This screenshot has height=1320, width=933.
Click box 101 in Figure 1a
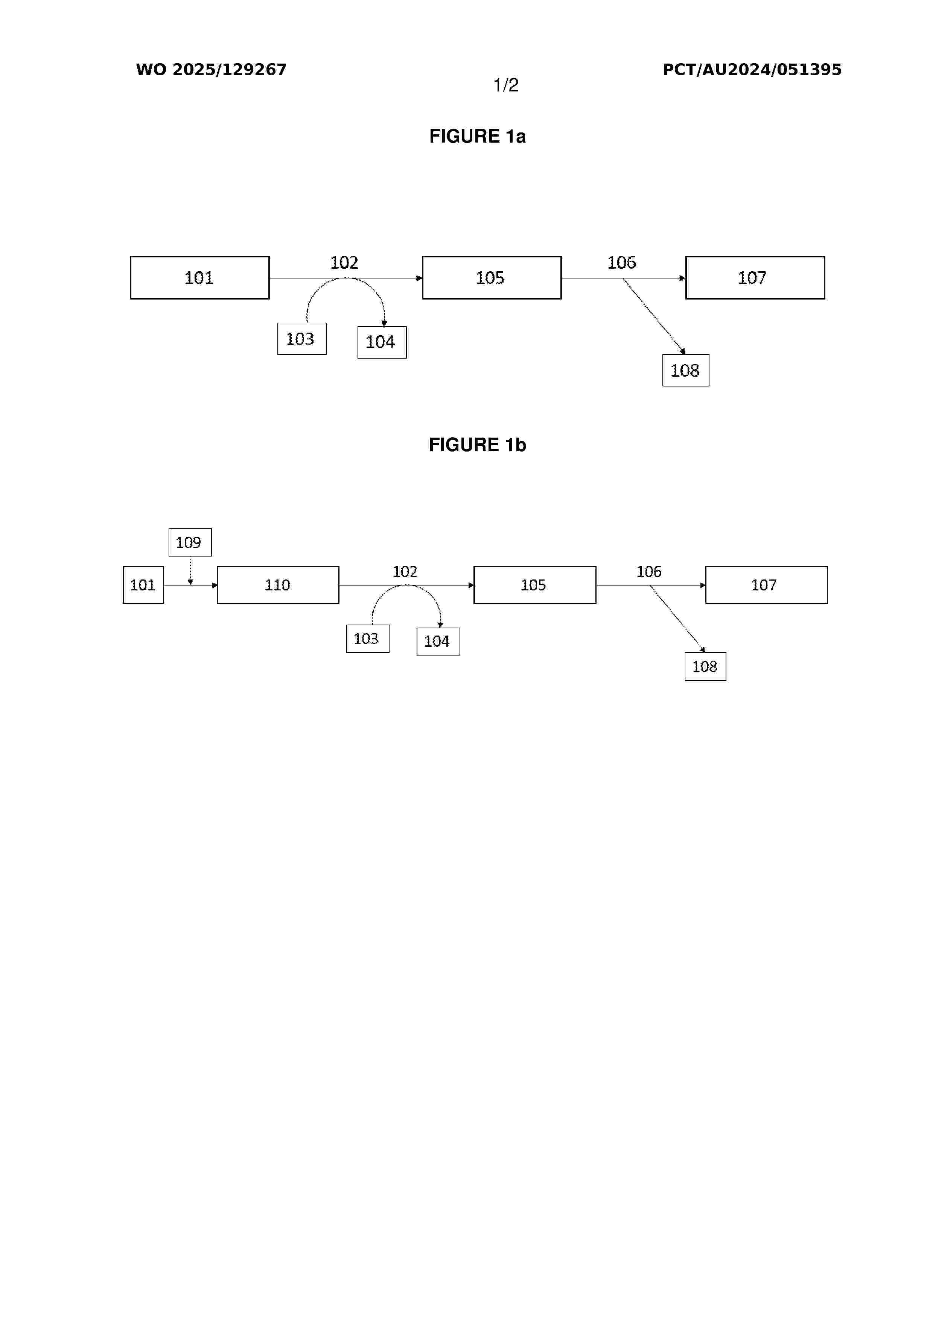click(x=199, y=278)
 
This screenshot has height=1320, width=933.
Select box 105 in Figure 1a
click(x=492, y=278)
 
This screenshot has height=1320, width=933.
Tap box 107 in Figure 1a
click(x=755, y=278)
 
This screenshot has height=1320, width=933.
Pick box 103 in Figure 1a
click(x=302, y=339)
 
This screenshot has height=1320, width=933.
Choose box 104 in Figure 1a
click(x=382, y=342)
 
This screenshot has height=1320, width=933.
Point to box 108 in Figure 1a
click(x=685, y=370)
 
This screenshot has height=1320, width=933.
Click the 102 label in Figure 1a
click(x=344, y=263)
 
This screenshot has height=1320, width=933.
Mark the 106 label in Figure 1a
click(x=621, y=263)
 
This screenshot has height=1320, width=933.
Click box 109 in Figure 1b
click(x=190, y=542)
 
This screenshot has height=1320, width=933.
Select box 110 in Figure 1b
click(x=278, y=585)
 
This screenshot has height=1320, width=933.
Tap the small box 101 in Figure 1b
click(x=143, y=585)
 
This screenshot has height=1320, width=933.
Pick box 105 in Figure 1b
click(x=534, y=585)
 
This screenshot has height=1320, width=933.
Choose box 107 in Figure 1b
click(x=766, y=585)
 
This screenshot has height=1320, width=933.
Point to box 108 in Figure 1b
click(x=705, y=666)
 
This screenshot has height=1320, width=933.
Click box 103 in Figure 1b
click(x=367, y=639)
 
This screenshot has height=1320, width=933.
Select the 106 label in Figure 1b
click(x=648, y=572)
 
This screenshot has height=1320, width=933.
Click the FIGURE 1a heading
click(x=477, y=136)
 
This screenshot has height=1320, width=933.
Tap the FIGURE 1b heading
click(x=477, y=444)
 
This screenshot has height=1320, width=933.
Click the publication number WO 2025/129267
click(x=211, y=70)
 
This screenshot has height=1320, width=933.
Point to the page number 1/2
click(x=506, y=85)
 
